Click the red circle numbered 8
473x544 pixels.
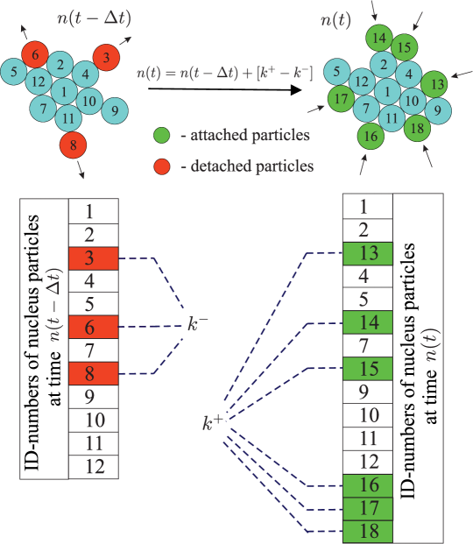click(x=74, y=145)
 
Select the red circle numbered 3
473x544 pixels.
click(x=106, y=58)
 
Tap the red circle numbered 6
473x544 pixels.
click(x=35, y=54)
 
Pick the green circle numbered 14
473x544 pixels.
click(x=378, y=39)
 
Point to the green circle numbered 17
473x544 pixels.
click(x=342, y=97)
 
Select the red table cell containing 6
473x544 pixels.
click(x=93, y=328)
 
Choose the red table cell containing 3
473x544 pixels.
click(x=93, y=258)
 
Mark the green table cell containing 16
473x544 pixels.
click(x=368, y=484)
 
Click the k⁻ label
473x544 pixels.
click(x=197, y=326)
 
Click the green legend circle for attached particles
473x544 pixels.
click(x=160, y=136)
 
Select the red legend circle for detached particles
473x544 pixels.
click(x=160, y=165)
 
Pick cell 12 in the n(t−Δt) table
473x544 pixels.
click(x=93, y=466)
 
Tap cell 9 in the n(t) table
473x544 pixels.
click(x=368, y=392)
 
